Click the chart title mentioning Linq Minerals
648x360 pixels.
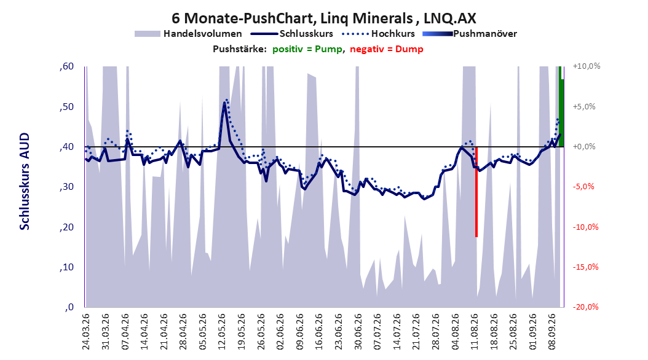pos(324,18)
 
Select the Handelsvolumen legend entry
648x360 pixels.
pos(189,34)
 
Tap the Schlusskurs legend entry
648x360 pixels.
pos(292,34)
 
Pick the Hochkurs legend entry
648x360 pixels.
pos(379,34)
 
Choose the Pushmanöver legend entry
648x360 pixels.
pos(470,34)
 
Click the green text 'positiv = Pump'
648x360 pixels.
pos(307,49)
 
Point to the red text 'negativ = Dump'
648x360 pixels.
pos(387,49)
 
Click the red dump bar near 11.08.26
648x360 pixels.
pos(476,192)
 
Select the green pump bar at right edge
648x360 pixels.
pos(561,106)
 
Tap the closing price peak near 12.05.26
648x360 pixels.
pos(224,103)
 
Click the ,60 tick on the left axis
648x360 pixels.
pos(66,66)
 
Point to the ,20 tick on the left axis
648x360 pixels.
pos(66,227)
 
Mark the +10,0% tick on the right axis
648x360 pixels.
pos(587,66)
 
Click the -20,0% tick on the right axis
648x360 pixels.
pos(585,307)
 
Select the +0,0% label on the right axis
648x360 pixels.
pos(584,147)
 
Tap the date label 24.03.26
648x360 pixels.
pos(86,332)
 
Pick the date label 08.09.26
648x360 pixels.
pos(551,332)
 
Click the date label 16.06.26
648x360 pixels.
pos(319,332)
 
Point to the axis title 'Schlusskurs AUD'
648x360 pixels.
pos(25,181)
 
